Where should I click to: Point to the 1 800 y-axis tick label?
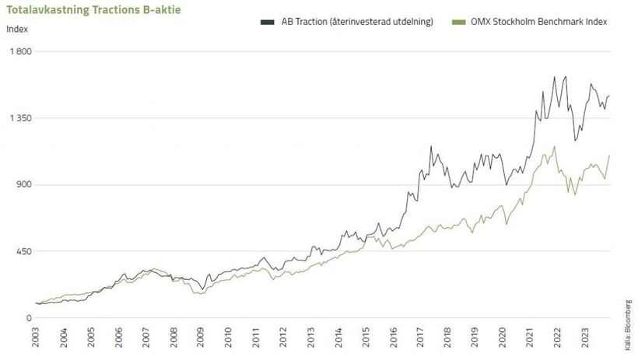pyautogui.click(x=19, y=51)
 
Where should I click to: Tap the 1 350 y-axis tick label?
pyautogui.click(x=19, y=118)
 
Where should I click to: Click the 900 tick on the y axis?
pyautogui.click(x=22, y=185)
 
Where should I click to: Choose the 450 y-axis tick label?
pyautogui.click(x=22, y=252)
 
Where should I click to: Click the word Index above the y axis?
pyautogui.click(x=16, y=30)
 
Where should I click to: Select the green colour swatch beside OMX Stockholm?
pyautogui.click(x=456, y=22)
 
